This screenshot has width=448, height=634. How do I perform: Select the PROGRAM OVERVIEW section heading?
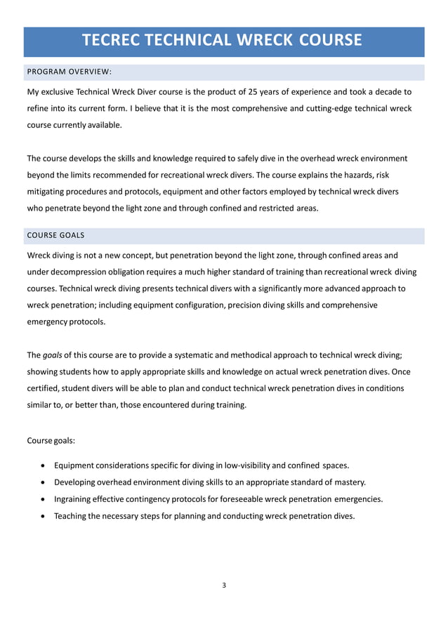[69, 73]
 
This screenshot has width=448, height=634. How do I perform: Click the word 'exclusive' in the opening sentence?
[65, 92]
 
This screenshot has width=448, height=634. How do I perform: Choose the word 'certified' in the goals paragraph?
[46, 388]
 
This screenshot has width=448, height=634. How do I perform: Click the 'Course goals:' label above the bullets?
[51, 442]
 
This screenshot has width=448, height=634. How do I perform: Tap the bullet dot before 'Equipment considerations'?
[45, 465]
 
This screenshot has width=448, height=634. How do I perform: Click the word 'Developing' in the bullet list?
[77, 482]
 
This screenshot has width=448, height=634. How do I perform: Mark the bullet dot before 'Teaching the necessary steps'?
[45, 517]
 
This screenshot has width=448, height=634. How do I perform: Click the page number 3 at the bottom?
[224, 585]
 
